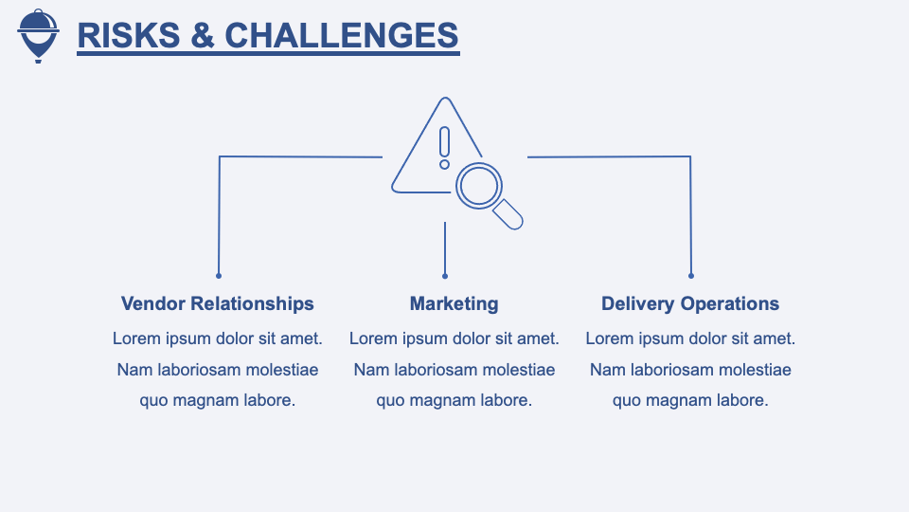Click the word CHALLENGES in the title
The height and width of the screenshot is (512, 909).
coord(342,35)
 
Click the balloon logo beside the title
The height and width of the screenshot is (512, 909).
coord(38,35)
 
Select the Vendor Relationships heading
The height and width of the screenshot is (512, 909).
coord(218,304)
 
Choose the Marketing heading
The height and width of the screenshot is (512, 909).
coord(454,304)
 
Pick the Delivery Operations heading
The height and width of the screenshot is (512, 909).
coord(690,304)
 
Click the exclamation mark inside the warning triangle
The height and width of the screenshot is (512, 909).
coord(444,148)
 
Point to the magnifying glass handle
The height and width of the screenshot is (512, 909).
coord(508,214)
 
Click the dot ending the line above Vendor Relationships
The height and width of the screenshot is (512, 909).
coord(219,276)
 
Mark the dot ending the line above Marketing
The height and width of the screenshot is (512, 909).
coord(445,276)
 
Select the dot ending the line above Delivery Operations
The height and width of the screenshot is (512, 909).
coord(691,276)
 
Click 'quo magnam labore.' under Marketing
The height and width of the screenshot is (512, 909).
coord(454,400)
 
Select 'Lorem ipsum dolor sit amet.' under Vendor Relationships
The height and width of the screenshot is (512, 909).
coord(218,338)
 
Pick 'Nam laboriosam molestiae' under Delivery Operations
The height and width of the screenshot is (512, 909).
coord(690,370)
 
